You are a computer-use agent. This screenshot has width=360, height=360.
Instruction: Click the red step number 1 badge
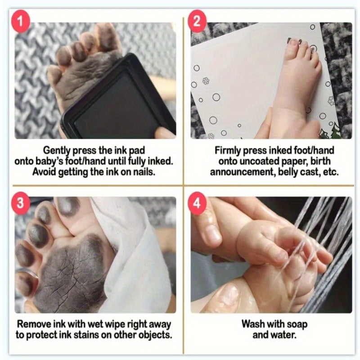(x=20, y=22)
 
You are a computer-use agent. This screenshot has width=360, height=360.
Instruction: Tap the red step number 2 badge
(x=197, y=21)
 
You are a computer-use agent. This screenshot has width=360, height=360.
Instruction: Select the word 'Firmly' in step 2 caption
(x=228, y=151)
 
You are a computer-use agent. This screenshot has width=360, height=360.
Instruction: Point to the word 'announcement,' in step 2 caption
(x=243, y=172)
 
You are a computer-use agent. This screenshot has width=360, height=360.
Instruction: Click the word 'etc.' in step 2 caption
(x=331, y=172)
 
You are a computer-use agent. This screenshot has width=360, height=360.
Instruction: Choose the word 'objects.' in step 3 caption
(x=155, y=335)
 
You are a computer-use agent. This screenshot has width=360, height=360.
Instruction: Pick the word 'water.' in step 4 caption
(x=285, y=335)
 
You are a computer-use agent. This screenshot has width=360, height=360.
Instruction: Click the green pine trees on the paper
(x=329, y=131)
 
